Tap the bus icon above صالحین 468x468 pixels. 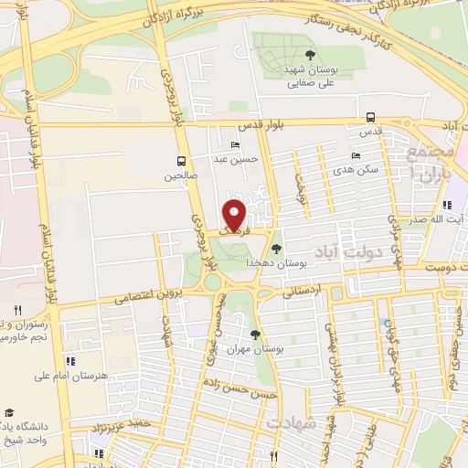click(x=181, y=160)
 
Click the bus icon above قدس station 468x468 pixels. click(x=370, y=117)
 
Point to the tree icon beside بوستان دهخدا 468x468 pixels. click(x=277, y=249)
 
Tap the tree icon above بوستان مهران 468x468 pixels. click(x=255, y=335)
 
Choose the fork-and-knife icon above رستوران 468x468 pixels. click(x=17, y=311)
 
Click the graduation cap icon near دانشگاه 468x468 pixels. click(x=9, y=412)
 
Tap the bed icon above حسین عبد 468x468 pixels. click(x=236, y=145)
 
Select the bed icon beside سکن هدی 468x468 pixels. click(x=356, y=155)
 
